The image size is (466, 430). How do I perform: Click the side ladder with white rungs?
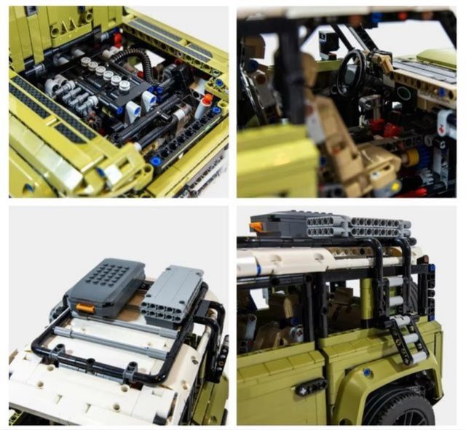pyautogui.click(x=403, y=335)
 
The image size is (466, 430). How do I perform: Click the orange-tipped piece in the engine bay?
pyautogui.click(x=207, y=100)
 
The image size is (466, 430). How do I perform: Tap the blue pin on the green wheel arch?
pyautogui.click(x=368, y=373)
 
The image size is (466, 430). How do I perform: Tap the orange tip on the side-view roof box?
pyautogui.click(x=256, y=227)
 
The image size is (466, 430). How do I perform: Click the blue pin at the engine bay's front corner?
pyautogui.click(x=154, y=161)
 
